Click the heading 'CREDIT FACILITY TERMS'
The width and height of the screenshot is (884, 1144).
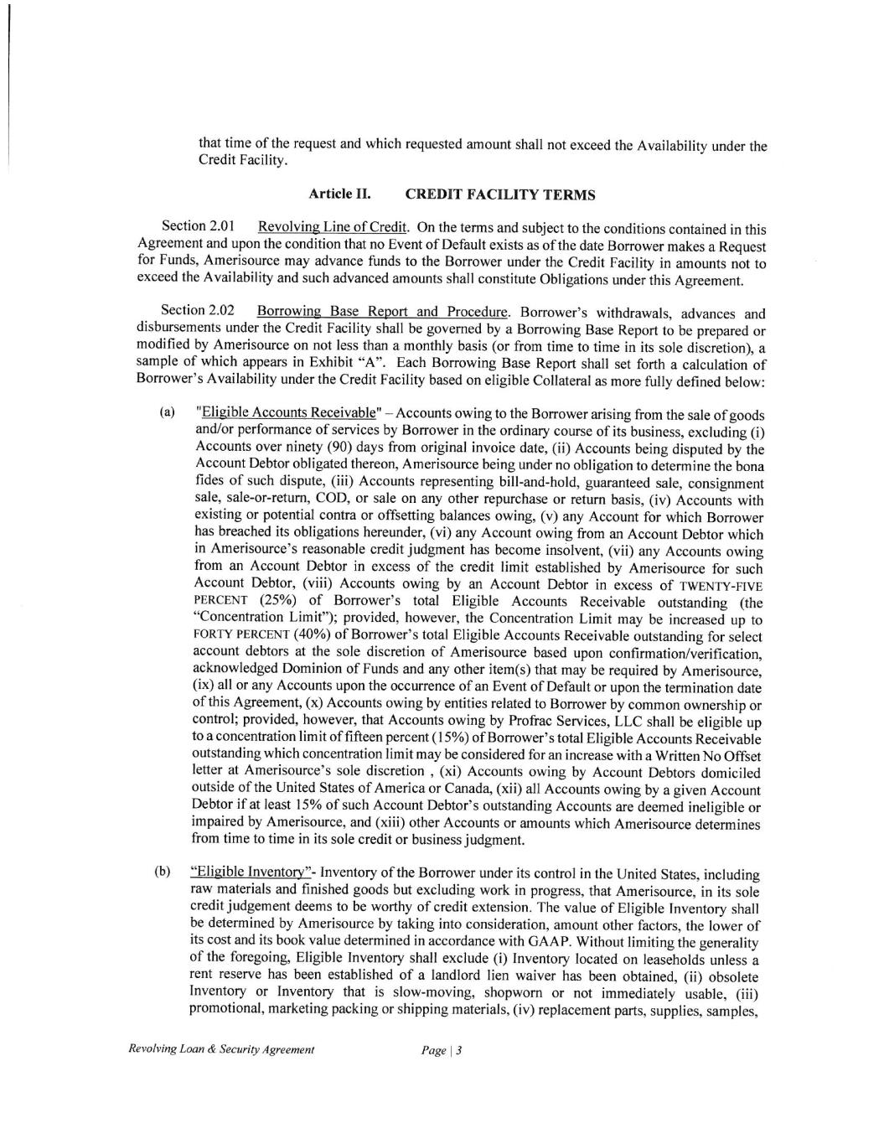click(500, 195)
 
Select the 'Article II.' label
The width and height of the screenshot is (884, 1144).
click(339, 194)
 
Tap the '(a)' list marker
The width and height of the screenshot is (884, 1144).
click(168, 413)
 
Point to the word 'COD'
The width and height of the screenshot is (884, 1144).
click(333, 500)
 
